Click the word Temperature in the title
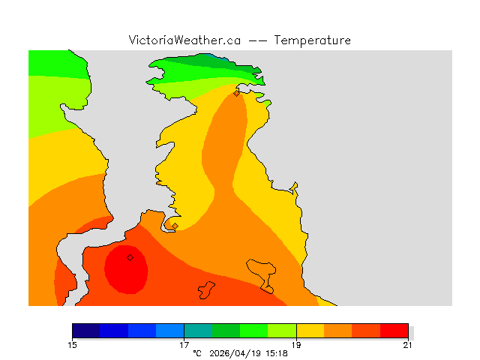(313, 40)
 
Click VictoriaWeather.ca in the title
(184, 40)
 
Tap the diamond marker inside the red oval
(130, 257)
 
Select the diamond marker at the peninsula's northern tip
(236, 93)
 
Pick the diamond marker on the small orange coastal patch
(175, 226)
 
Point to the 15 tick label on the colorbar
(72, 345)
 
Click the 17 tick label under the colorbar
(184, 345)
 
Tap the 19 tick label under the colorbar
(296, 345)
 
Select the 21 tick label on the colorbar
(407, 345)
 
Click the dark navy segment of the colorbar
(86, 331)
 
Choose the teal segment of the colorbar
(198, 331)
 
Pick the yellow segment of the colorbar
(310, 331)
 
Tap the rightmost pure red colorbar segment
(394, 331)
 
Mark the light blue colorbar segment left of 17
(170, 331)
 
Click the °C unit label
(197, 352)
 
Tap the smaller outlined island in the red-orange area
(206, 290)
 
